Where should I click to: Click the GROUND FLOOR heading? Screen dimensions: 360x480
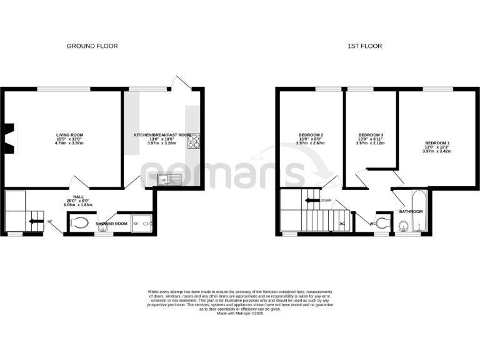click(x=92, y=46)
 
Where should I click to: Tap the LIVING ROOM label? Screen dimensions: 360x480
click(x=70, y=135)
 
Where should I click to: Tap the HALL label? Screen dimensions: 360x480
click(x=79, y=196)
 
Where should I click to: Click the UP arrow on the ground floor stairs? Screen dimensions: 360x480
click(x=32, y=219)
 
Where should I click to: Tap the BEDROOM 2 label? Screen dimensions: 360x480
click(x=311, y=136)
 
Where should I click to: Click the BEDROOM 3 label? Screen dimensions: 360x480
click(x=371, y=136)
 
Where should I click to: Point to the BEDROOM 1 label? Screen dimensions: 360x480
click(x=437, y=143)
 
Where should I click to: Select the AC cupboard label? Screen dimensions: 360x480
click(x=342, y=223)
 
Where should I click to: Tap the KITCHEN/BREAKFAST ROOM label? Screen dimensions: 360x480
click(x=162, y=135)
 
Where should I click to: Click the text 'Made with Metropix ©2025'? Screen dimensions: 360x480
click(x=240, y=313)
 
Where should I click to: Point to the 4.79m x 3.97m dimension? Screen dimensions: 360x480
click(x=70, y=144)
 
